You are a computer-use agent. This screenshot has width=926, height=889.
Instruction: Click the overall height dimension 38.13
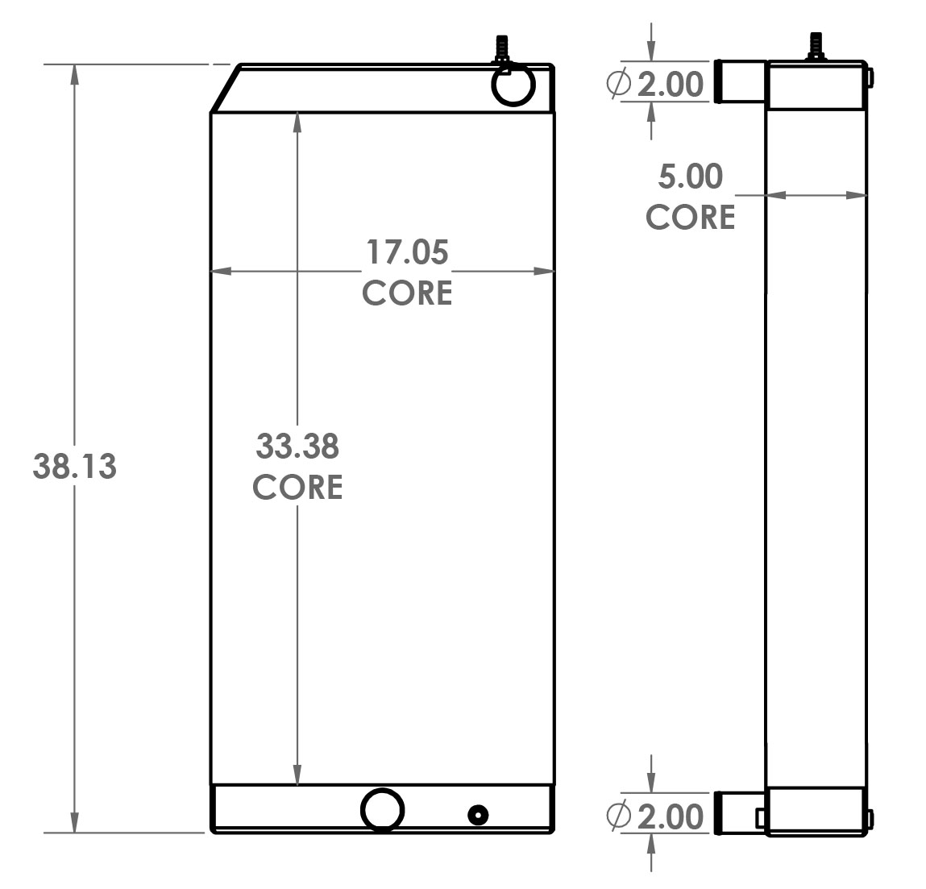tap(74, 467)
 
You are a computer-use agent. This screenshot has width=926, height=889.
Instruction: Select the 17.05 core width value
tap(407, 252)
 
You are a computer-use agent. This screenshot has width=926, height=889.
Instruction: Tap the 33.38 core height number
tap(297, 447)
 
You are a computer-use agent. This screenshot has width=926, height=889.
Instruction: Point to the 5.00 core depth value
tap(691, 177)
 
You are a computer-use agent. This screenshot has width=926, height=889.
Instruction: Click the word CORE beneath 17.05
tap(407, 293)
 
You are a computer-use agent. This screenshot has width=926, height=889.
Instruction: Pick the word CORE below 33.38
tap(297, 487)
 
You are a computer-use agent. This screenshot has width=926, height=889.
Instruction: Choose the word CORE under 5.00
tap(691, 218)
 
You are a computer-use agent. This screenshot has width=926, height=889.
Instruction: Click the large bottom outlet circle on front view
tap(382, 809)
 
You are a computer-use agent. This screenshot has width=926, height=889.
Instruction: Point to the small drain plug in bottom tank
tap(478, 816)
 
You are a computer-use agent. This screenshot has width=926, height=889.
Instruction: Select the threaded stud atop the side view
tap(816, 45)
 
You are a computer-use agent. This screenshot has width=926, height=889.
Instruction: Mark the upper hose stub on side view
tap(739, 81)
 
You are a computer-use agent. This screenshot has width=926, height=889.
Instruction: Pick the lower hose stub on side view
tap(739, 812)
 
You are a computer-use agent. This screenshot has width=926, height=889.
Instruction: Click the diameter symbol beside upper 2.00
tap(618, 84)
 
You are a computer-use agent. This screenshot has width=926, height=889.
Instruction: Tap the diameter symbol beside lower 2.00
tap(618, 816)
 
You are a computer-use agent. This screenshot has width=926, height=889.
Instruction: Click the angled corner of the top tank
tap(225, 89)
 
